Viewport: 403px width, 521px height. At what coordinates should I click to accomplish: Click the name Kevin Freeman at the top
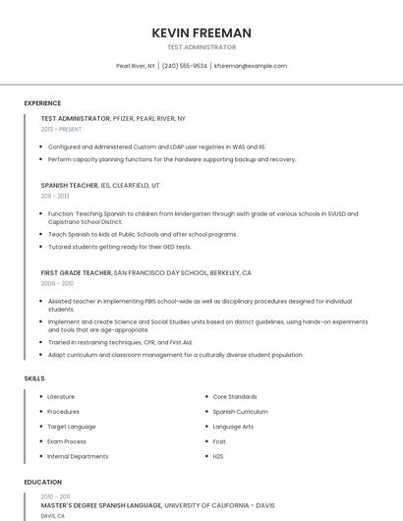pyautogui.click(x=201, y=32)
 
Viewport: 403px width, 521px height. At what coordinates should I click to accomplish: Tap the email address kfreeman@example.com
pyautogui.click(x=250, y=66)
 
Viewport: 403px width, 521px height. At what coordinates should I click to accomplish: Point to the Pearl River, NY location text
pyautogui.click(x=136, y=66)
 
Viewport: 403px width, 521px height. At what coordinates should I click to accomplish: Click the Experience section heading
pyautogui.click(x=42, y=103)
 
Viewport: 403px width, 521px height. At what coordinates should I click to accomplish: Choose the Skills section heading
pyautogui.click(x=34, y=377)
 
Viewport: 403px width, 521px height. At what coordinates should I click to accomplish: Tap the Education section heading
pyautogui.click(x=42, y=482)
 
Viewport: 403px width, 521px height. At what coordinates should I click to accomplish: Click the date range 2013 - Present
pyautogui.click(x=61, y=129)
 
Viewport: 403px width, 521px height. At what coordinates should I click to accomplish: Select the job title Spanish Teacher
pyautogui.click(x=70, y=185)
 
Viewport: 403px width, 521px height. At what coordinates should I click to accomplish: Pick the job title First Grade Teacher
pyautogui.click(x=77, y=272)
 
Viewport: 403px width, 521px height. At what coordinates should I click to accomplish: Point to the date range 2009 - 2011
pyautogui.click(x=56, y=283)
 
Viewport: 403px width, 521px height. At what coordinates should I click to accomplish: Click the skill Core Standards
pyautogui.click(x=235, y=396)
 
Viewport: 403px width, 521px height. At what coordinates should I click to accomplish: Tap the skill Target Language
pyautogui.click(x=72, y=427)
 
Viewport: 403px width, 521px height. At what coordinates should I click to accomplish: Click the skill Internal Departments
pyautogui.click(x=78, y=456)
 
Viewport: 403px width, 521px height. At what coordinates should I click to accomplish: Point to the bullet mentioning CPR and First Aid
pyautogui.click(x=120, y=342)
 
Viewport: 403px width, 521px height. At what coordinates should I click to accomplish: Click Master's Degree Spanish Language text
pyautogui.click(x=101, y=505)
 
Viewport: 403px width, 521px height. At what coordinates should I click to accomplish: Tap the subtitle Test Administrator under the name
pyautogui.click(x=201, y=47)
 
